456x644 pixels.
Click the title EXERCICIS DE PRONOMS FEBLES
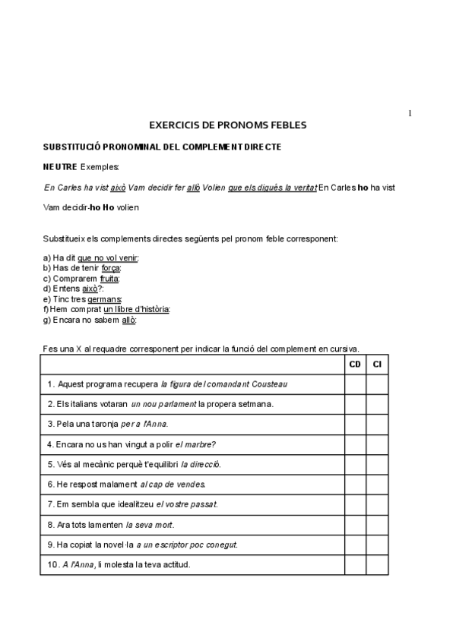(x=228, y=125)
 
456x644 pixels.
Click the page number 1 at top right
(x=410, y=114)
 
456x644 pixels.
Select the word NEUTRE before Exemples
(x=59, y=166)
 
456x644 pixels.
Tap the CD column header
(x=355, y=365)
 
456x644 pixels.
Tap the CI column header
(x=377, y=365)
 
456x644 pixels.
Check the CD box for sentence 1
(x=355, y=384)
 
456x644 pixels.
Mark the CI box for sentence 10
(x=377, y=565)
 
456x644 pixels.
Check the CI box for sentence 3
(x=377, y=424)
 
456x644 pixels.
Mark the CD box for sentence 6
(x=355, y=484)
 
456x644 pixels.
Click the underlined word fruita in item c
(x=109, y=279)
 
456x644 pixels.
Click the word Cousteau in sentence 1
(x=270, y=384)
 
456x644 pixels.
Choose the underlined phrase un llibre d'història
(x=137, y=309)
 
